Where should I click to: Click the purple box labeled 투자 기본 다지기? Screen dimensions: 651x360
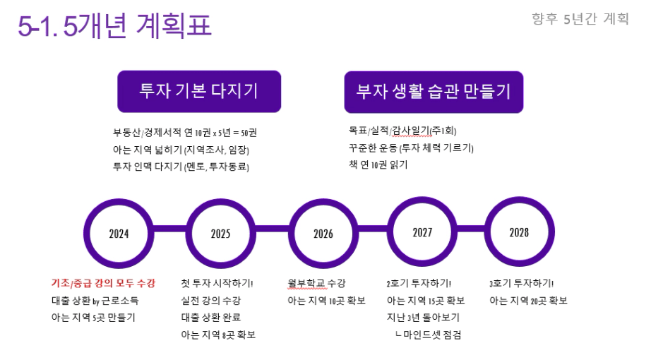[199, 91]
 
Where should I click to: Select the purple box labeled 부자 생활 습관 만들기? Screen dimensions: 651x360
[434, 92]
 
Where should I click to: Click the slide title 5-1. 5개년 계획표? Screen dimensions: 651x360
[114, 25]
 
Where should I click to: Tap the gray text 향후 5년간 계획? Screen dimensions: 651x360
[580, 18]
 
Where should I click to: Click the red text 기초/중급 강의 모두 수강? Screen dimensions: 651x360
[103, 283]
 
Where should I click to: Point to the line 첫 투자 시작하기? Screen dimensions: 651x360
[217, 283]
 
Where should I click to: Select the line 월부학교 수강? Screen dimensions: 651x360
[316, 283]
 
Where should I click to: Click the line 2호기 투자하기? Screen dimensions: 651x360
[419, 283]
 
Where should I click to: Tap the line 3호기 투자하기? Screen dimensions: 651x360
[522, 283]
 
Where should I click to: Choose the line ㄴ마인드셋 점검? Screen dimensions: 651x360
[428, 335]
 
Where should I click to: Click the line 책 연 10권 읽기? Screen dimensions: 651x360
[378, 164]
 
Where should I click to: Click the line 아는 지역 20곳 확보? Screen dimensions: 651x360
[529, 300]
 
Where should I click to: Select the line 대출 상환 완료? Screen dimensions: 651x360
[211, 317]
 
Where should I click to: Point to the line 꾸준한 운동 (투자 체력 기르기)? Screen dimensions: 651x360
[411, 148]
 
